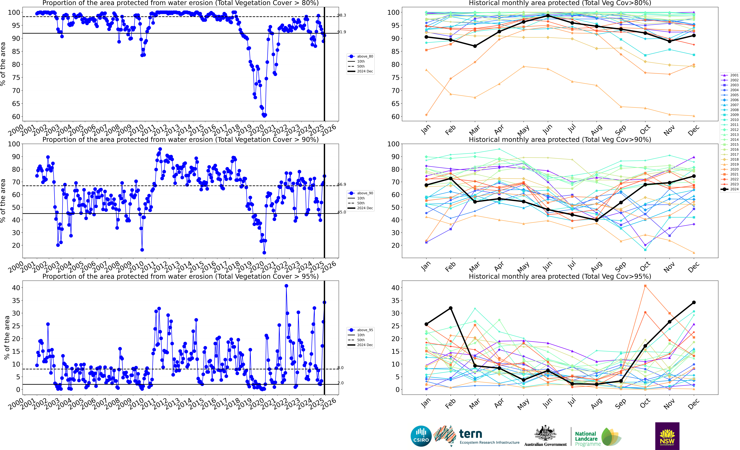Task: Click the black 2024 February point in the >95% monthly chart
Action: coord(450,308)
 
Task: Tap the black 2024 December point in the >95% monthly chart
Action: coord(694,302)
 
